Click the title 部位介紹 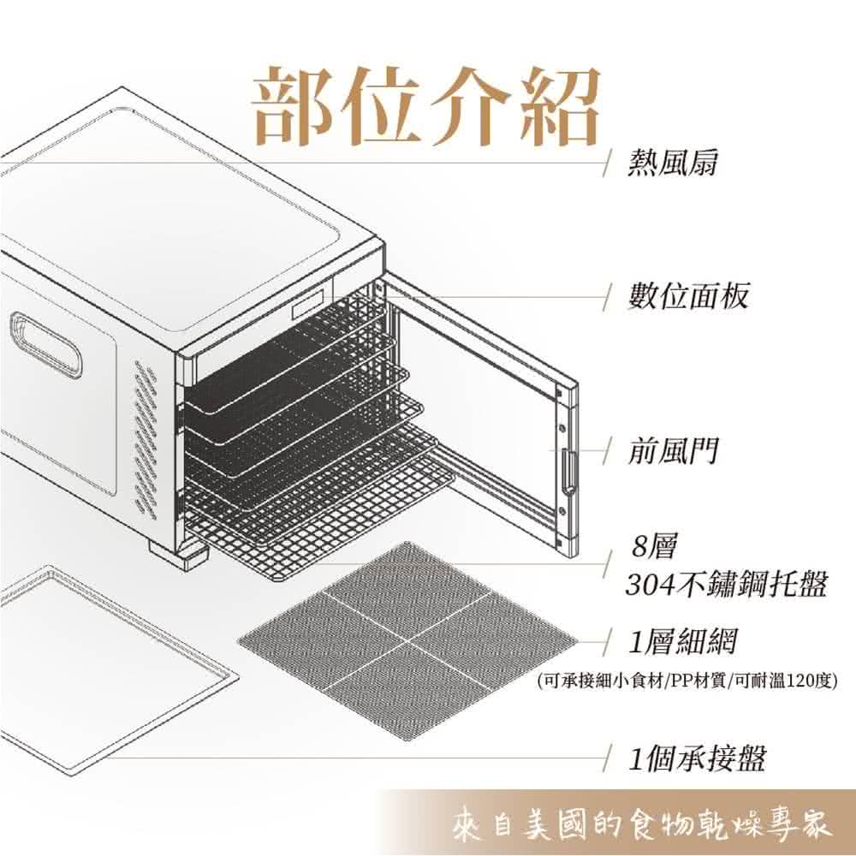coord(426,105)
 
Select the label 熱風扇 coord(672,163)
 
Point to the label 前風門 coord(672,451)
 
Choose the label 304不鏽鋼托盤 coord(727,584)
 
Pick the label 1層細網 coord(682,642)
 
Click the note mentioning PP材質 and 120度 coord(687,681)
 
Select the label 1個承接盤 coord(697,758)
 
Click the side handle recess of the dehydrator coord(46,344)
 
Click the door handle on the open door coord(568,470)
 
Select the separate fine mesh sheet coord(407,641)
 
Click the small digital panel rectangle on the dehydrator coord(308,304)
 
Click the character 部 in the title coord(293,105)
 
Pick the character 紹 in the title coord(560,105)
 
